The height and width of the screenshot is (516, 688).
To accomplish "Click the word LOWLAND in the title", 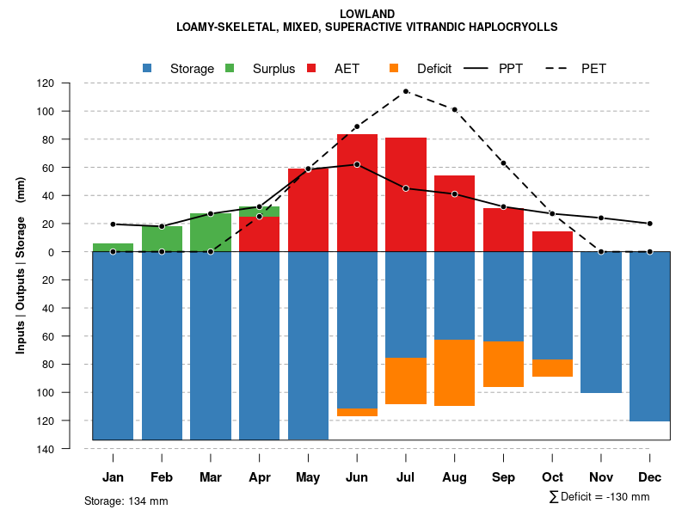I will [x=367, y=14].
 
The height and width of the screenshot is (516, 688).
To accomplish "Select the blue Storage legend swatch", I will [x=148, y=68].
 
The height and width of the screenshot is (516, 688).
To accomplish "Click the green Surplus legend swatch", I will [x=230, y=68].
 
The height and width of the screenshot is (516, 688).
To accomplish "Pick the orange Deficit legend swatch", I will [x=395, y=68].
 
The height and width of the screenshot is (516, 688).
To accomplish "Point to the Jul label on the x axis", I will [x=406, y=477].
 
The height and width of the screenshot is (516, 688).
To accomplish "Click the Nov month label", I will [x=601, y=477].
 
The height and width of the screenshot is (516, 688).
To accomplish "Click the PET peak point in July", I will [x=406, y=91].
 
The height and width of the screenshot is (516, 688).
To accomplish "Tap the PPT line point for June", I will [x=357, y=164].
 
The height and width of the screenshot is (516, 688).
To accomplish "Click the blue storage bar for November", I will [x=601, y=322].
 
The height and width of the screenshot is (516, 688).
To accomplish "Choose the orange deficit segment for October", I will [x=552, y=368].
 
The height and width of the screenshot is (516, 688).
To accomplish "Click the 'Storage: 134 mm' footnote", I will [x=126, y=501].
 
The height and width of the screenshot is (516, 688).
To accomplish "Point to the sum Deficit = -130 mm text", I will [x=599, y=497].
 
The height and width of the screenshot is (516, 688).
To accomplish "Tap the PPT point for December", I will [x=649, y=224].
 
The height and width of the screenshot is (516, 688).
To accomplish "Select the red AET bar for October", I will [x=552, y=242].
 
